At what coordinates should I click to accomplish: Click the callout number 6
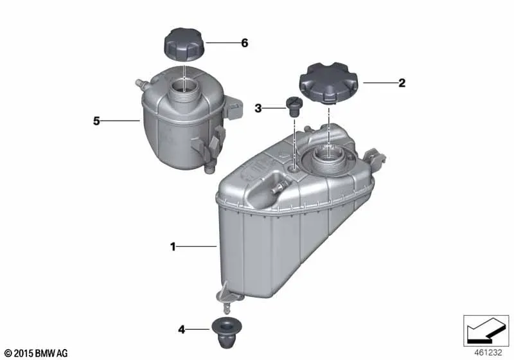point(245,43)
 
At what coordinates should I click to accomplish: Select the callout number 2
point(402,83)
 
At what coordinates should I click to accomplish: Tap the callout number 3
point(258,108)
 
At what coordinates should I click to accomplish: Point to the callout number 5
point(96,121)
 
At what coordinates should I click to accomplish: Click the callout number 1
point(173,247)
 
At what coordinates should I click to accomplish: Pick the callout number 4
point(181,330)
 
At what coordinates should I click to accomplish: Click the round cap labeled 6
point(184,44)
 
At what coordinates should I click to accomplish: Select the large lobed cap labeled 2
point(328,82)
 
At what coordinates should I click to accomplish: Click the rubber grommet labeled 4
point(227,332)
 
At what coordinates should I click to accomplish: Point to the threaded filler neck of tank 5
point(184,91)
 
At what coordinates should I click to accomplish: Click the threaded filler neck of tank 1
point(328,157)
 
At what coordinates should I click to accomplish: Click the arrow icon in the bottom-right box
point(486,329)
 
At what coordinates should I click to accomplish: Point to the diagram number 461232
point(488,353)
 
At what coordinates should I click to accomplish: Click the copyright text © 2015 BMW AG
point(36,353)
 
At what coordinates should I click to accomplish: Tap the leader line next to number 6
point(222,43)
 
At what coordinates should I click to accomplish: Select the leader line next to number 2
point(380,83)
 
